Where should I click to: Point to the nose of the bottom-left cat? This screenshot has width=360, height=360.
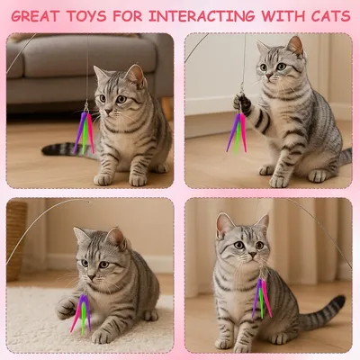pyautogui.click(x=94, y=267)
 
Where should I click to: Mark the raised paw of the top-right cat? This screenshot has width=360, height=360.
pyautogui.click(x=243, y=103)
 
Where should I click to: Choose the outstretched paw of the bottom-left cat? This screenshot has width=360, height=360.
pyautogui.click(x=65, y=309)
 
